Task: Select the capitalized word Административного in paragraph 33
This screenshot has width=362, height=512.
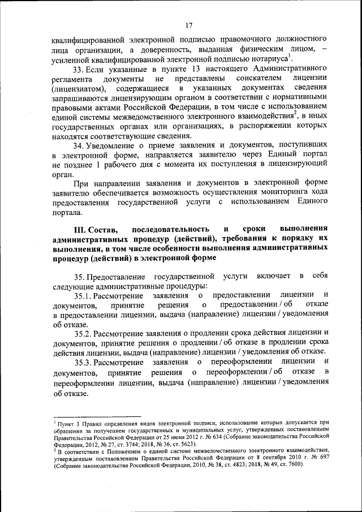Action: [282, 69]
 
